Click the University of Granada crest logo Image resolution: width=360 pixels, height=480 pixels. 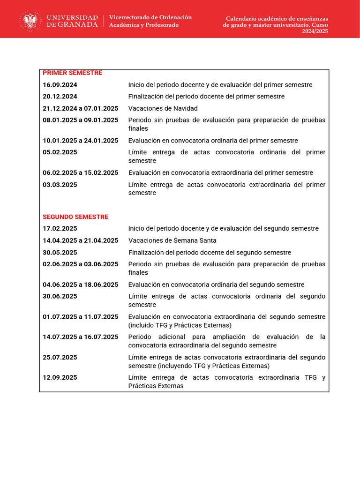30,21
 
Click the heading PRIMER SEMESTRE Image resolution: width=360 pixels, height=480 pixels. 72,73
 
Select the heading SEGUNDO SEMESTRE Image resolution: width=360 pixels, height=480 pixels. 75,217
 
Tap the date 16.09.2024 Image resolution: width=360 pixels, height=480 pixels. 60,85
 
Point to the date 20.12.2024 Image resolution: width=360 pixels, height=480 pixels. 60,97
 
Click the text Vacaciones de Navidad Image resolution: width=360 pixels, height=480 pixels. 163,108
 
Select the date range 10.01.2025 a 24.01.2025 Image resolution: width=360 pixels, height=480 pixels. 81,141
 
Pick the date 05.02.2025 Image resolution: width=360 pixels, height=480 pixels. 60,152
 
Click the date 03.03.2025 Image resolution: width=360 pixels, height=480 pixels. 60,185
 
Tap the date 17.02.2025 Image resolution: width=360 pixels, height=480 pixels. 60,229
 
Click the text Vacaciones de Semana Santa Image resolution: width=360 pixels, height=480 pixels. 172,240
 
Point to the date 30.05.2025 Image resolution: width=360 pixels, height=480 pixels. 60,253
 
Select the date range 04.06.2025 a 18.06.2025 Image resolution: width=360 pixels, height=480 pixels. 81,285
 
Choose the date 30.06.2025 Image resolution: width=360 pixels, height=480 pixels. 60,296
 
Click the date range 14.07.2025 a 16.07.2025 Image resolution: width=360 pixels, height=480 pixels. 81,337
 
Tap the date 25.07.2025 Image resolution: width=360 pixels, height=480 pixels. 60,358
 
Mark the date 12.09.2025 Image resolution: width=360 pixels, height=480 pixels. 60,378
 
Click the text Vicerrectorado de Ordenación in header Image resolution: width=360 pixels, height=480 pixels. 150,17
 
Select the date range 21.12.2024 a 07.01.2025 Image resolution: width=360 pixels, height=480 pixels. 81,108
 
